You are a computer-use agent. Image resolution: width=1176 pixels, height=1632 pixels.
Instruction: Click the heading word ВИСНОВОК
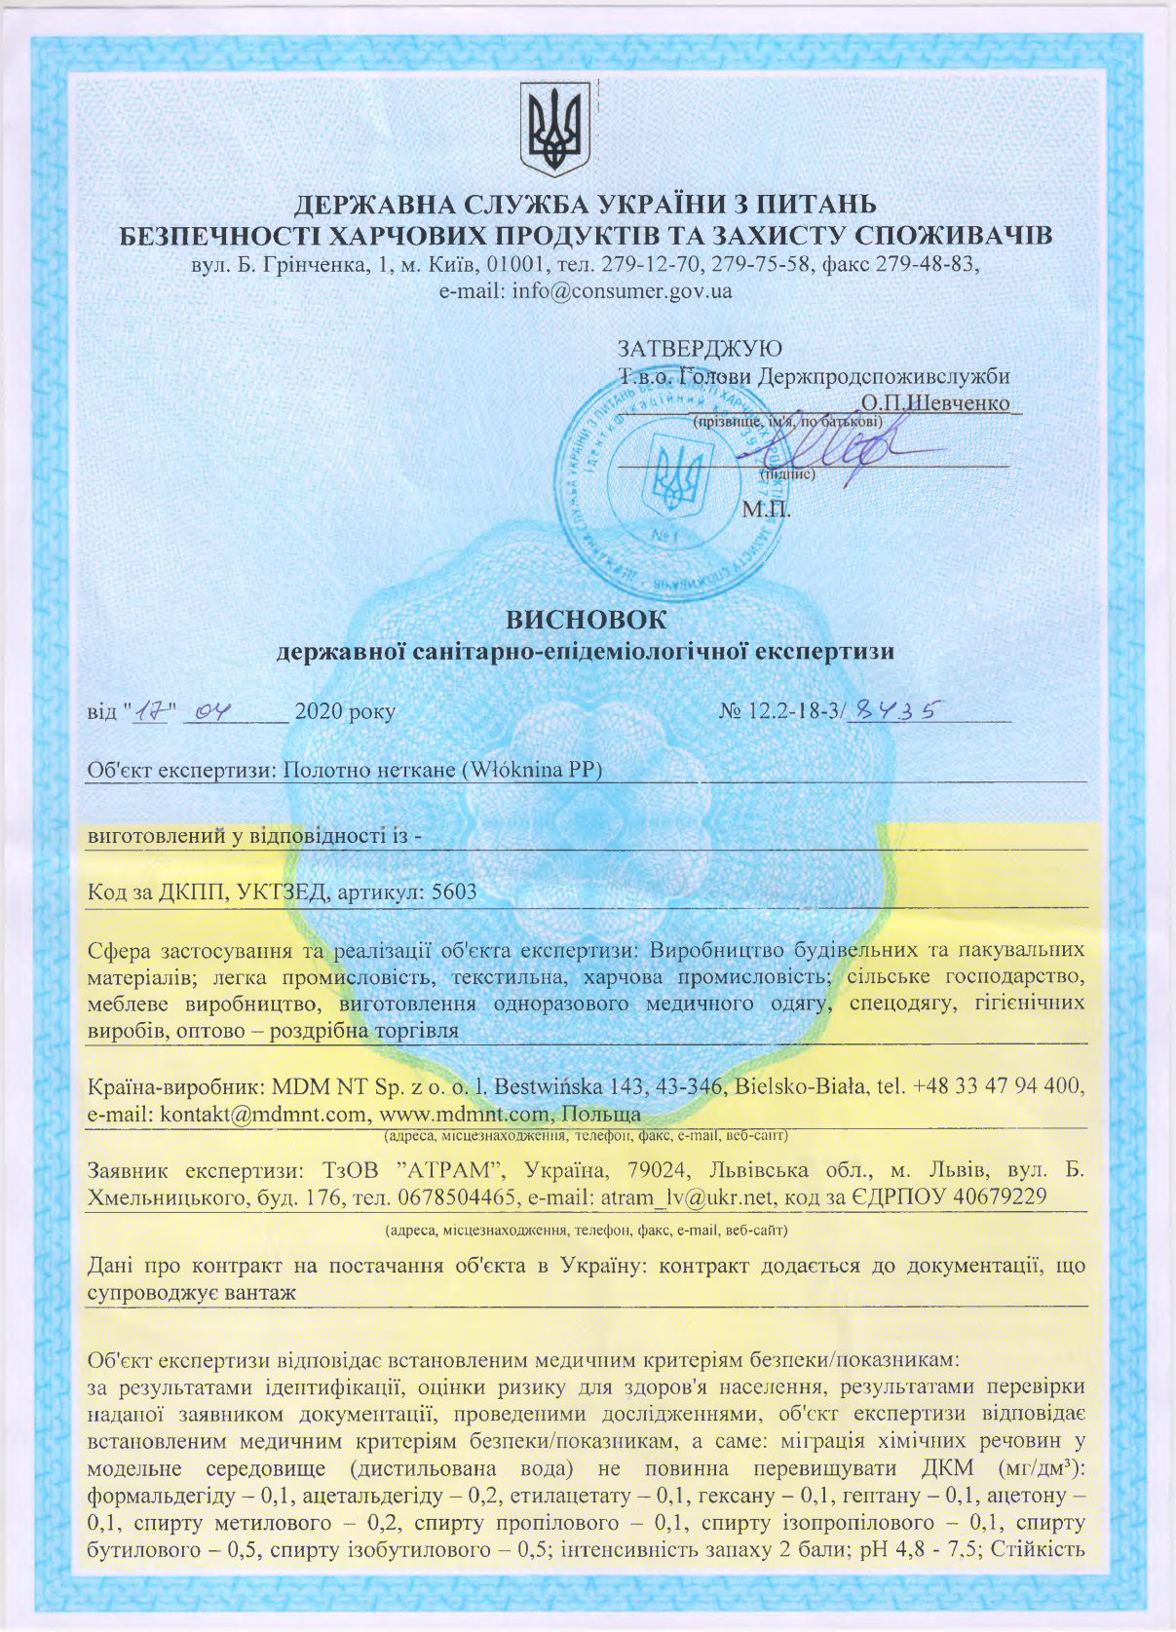point(587,620)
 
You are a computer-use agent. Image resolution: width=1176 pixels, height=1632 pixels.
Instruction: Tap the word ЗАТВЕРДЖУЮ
point(700,348)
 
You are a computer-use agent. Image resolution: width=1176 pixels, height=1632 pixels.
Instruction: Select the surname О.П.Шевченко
point(935,402)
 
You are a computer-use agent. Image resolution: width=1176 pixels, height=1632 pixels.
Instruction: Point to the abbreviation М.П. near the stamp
point(766,509)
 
